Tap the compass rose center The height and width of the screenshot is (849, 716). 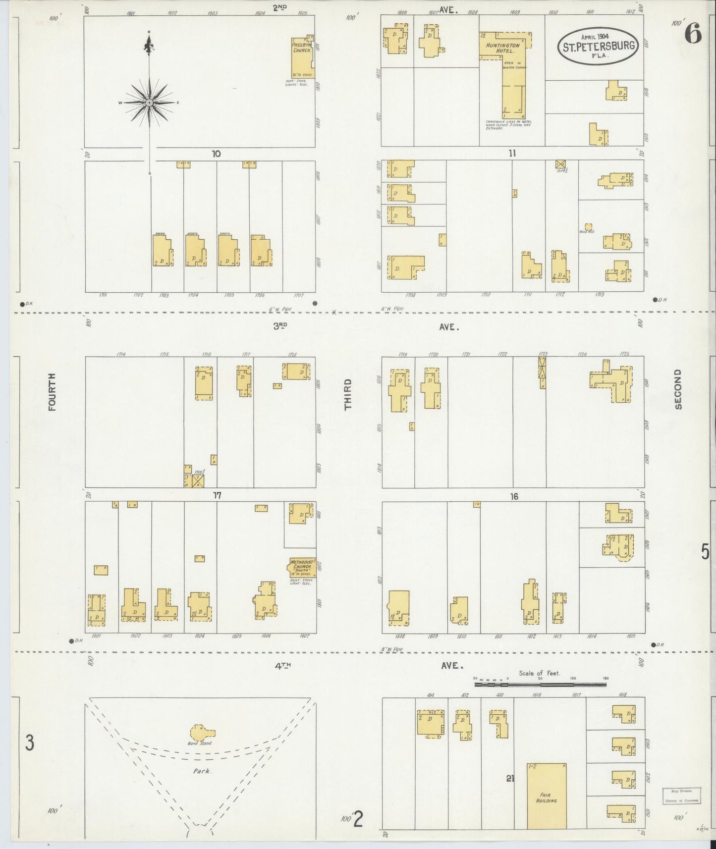[x=149, y=103]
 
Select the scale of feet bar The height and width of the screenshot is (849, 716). [x=540, y=685]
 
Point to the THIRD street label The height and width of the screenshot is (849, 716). [x=348, y=394]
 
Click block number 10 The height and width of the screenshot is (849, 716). [x=216, y=154]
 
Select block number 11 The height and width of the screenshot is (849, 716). [x=512, y=154]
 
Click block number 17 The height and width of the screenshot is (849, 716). [x=217, y=495]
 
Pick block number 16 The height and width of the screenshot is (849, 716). [x=514, y=496]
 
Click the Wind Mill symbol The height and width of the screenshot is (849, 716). [x=589, y=227]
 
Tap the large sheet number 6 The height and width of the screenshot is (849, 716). [x=693, y=34]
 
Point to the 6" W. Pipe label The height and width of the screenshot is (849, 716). [x=279, y=310]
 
